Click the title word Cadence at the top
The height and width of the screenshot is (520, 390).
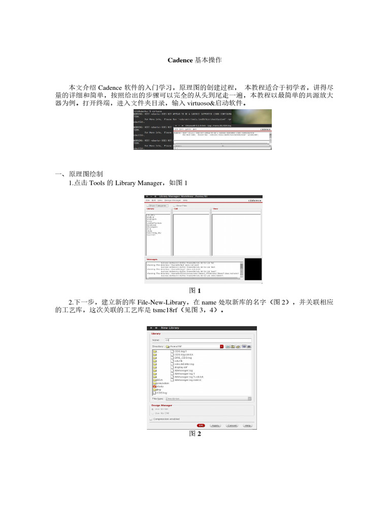click(180, 60)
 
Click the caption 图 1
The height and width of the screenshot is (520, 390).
click(195, 291)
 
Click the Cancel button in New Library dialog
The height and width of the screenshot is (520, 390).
click(232, 425)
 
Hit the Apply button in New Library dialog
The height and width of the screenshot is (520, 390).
click(215, 425)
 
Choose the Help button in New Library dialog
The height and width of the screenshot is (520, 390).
click(247, 425)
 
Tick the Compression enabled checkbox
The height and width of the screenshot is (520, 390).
click(151, 419)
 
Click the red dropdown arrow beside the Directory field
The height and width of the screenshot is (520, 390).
click(222, 346)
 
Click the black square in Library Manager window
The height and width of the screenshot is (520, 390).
click(253, 268)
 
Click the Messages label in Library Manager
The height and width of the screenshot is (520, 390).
click(152, 259)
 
